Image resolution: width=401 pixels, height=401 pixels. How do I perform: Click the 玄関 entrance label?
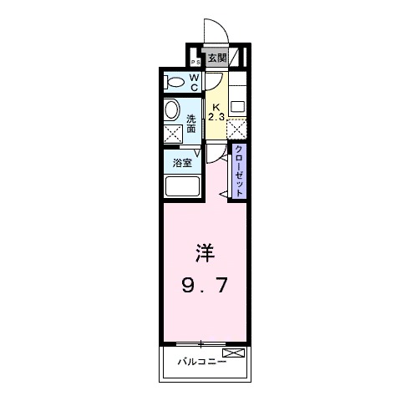click(x=217, y=58)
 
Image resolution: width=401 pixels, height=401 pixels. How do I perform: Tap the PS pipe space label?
click(x=195, y=63)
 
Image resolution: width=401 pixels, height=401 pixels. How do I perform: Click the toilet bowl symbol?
click(x=176, y=83)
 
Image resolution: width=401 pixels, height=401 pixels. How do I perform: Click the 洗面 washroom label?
click(x=191, y=123)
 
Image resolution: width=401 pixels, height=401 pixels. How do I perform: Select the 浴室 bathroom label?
click(x=182, y=163)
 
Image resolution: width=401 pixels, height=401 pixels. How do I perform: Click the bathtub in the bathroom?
click(x=182, y=185)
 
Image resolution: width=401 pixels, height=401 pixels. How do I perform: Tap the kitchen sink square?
click(x=237, y=106)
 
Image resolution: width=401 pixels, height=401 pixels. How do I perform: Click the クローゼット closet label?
click(x=239, y=171)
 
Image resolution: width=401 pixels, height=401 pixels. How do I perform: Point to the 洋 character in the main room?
click(x=205, y=251)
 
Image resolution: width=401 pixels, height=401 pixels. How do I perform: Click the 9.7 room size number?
click(x=205, y=287)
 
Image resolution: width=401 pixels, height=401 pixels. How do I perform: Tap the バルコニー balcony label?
click(x=200, y=362)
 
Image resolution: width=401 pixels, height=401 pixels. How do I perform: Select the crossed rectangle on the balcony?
click(x=234, y=354)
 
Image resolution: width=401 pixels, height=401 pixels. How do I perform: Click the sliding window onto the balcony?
click(x=201, y=343)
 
